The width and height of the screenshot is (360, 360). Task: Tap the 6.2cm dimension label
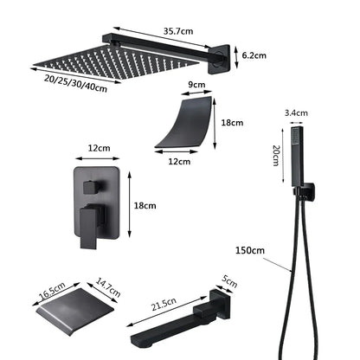click(254, 54)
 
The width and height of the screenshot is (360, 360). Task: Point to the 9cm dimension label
click(197, 85)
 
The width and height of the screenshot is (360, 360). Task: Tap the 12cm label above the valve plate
click(98, 148)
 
